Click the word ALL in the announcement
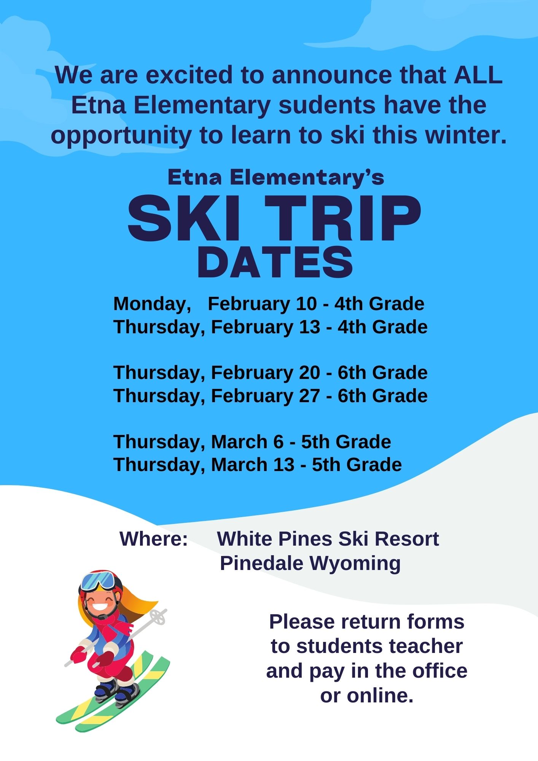pyautogui.click(x=478, y=75)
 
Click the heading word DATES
pyautogui.click(x=275, y=262)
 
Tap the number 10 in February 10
pyautogui.click(x=306, y=304)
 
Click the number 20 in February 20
pyautogui.click(x=309, y=373)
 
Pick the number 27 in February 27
pyautogui.click(x=309, y=396)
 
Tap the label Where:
pyautogui.click(x=154, y=539)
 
